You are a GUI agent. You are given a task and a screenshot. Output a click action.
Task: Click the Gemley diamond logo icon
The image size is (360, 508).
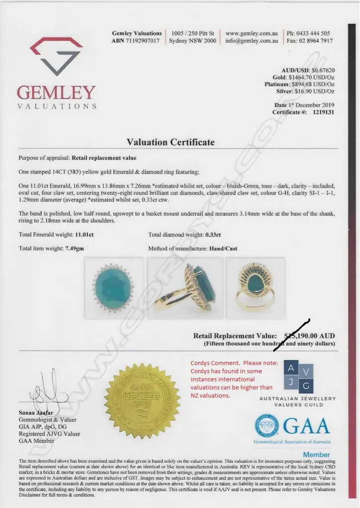[x=56, y=55]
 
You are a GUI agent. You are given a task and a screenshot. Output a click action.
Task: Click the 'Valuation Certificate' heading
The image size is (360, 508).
[x=170, y=142]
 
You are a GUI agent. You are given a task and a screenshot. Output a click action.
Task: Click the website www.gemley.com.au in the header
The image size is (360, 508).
[x=252, y=34]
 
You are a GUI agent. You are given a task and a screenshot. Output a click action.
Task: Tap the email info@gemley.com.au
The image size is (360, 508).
[x=252, y=41]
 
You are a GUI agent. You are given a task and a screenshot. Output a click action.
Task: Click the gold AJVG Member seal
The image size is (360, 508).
[x=142, y=399]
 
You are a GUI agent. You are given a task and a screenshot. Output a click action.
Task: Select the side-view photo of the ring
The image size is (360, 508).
[x=185, y=287]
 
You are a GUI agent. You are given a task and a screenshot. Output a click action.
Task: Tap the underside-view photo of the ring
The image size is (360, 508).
[x=255, y=287]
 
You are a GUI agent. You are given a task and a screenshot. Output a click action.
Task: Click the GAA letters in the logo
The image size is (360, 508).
[x=307, y=425]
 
